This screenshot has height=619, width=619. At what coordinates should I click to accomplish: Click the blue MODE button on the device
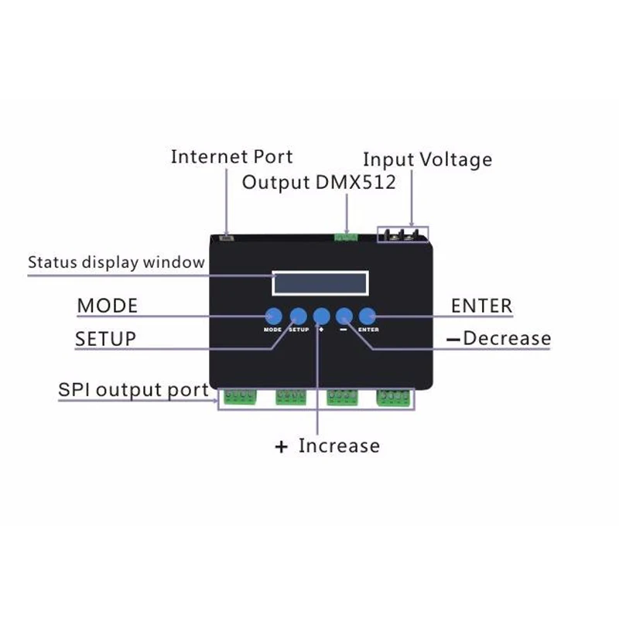click(273, 315)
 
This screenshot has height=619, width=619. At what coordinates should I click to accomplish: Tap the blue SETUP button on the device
click(298, 315)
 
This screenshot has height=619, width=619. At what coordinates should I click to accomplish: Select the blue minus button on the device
click(344, 315)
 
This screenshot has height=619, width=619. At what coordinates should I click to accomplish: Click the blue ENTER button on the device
click(368, 315)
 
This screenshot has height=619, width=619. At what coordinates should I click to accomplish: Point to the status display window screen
click(319, 283)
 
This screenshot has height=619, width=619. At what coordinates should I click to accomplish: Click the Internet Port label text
click(231, 156)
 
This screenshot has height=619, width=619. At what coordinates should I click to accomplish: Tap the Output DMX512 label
click(319, 183)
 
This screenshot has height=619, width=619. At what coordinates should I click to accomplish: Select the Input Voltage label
click(427, 159)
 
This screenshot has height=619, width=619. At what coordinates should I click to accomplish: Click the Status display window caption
click(116, 262)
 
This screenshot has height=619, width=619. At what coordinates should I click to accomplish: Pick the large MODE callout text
click(107, 306)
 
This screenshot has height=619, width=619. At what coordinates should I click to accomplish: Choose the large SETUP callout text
click(105, 339)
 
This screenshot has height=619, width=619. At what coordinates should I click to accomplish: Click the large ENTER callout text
click(481, 306)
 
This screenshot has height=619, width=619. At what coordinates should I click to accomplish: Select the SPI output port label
click(133, 389)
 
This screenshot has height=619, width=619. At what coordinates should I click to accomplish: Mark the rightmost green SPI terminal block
click(394, 398)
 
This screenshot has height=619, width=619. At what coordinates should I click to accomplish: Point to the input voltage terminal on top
click(402, 234)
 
